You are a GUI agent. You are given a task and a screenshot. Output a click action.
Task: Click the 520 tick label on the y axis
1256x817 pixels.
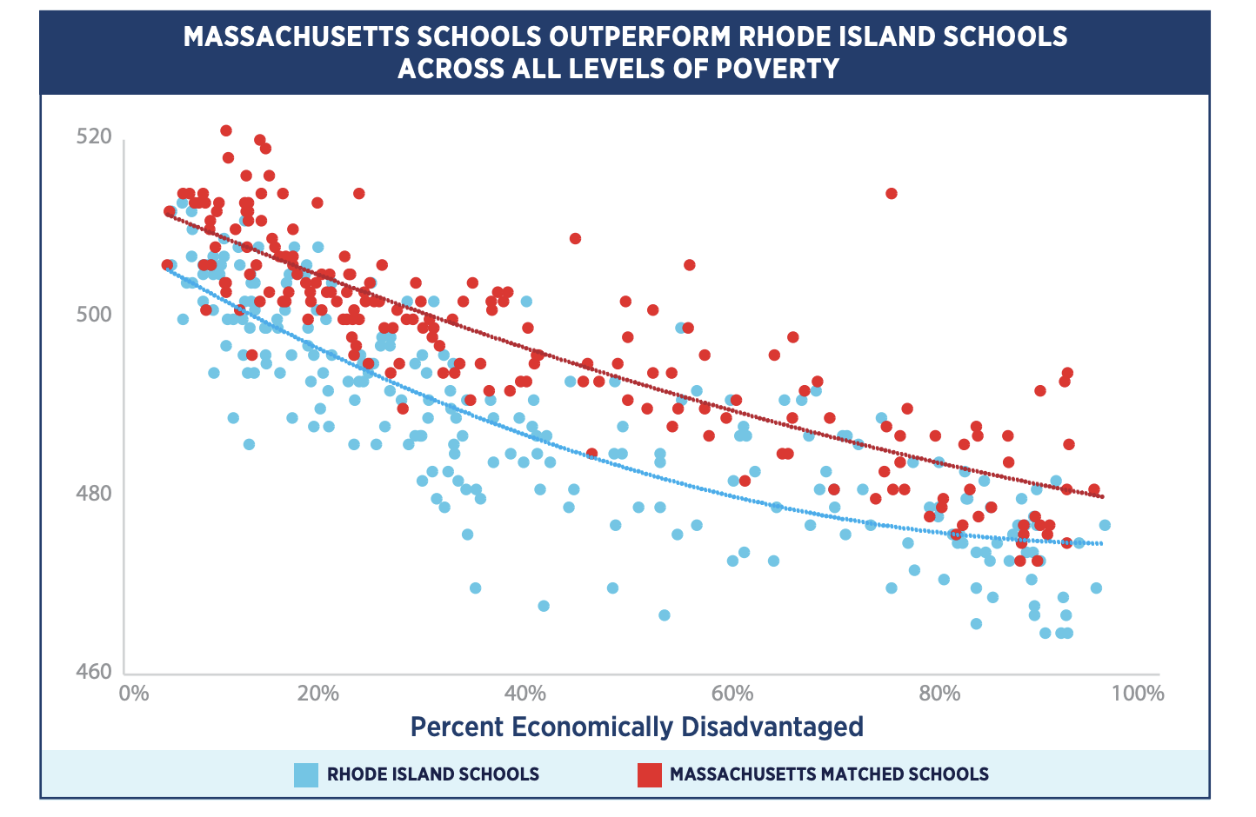(x=94, y=136)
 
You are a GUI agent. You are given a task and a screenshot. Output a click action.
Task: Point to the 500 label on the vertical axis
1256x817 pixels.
(x=94, y=314)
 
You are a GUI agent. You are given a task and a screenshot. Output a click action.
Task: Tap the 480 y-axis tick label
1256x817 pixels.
(x=94, y=493)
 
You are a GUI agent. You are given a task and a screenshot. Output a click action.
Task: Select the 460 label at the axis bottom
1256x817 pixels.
(x=94, y=671)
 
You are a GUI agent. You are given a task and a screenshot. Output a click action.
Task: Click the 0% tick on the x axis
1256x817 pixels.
(x=133, y=694)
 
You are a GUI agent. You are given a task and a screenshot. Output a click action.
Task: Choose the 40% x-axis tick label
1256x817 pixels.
(x=525, y=694)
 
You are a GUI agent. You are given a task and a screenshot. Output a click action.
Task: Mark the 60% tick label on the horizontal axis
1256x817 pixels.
(x=732, y=694)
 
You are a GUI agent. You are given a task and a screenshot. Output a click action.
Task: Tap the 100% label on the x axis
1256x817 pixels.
(x=1137, y=694)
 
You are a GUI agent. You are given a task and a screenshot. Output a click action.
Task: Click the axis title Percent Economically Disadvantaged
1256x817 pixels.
(x=637, y=727)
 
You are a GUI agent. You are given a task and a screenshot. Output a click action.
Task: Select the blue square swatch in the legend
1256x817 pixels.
(x=306, y=774)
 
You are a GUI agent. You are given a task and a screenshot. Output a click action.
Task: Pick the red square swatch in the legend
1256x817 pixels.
(x=649, y=774)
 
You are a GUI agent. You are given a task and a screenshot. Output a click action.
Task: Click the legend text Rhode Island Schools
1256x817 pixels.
(x=432, y=774)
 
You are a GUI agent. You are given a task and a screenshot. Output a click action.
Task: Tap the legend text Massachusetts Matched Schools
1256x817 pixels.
(x=829, y=774)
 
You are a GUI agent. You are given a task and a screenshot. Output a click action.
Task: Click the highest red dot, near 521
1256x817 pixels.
(x=226, y=130)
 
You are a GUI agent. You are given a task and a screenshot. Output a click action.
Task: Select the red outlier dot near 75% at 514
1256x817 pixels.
(x=891, y=193)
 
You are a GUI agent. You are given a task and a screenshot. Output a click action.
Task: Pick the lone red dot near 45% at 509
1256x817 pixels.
(x=575, y=238)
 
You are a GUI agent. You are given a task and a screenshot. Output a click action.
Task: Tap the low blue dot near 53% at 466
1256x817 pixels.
(x=664, y=614)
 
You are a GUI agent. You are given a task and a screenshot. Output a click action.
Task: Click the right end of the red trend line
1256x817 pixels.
(x=1102, y=496)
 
